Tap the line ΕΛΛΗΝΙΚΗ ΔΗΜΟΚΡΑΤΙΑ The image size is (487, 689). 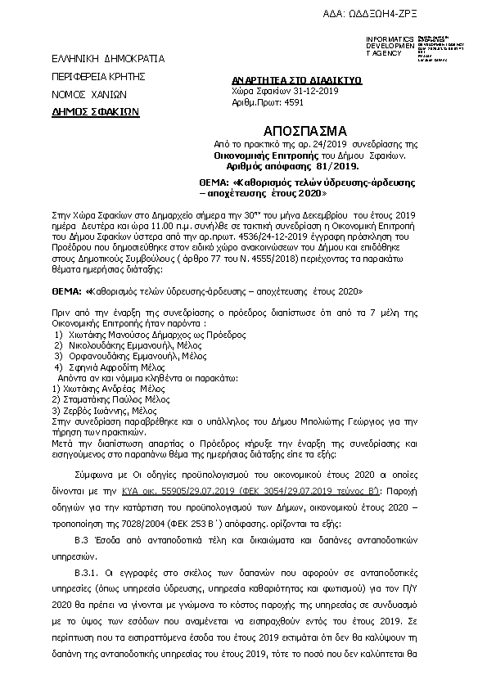pos(97,59)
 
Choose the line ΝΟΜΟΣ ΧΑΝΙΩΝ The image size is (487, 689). pos(83,94)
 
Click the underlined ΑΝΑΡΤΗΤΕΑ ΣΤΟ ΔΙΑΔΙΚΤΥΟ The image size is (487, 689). pos(286,81)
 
